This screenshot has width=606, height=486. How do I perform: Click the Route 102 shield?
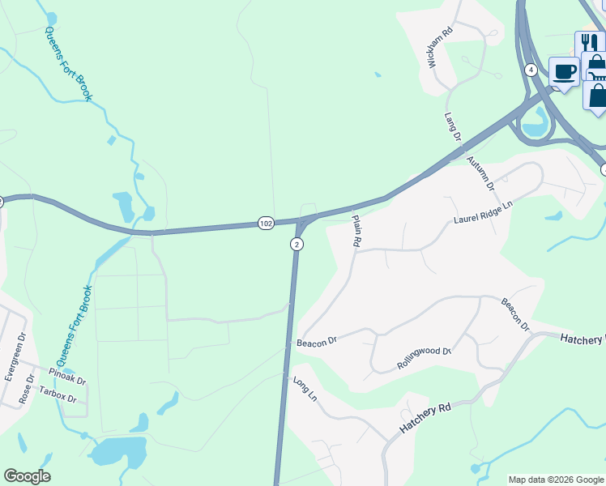[267, 223]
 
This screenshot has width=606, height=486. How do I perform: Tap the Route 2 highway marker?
[297, 245]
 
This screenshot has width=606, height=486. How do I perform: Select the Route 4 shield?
[530, 70]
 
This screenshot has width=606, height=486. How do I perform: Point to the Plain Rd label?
[355, 230]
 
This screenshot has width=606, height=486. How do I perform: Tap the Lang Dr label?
[452, 126]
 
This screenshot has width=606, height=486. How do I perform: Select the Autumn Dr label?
[480, 173]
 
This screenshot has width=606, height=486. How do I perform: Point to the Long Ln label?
[305, 390]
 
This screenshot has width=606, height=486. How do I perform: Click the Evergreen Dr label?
[11, 356]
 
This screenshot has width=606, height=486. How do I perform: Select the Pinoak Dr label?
[67, 376]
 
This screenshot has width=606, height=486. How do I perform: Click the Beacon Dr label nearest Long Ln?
[316, 343]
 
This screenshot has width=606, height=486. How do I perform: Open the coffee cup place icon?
[564, 71]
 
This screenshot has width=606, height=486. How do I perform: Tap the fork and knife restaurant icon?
[589, 44]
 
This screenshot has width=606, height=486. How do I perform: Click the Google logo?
[27, 476]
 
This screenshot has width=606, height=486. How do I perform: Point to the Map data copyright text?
[555, 480]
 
